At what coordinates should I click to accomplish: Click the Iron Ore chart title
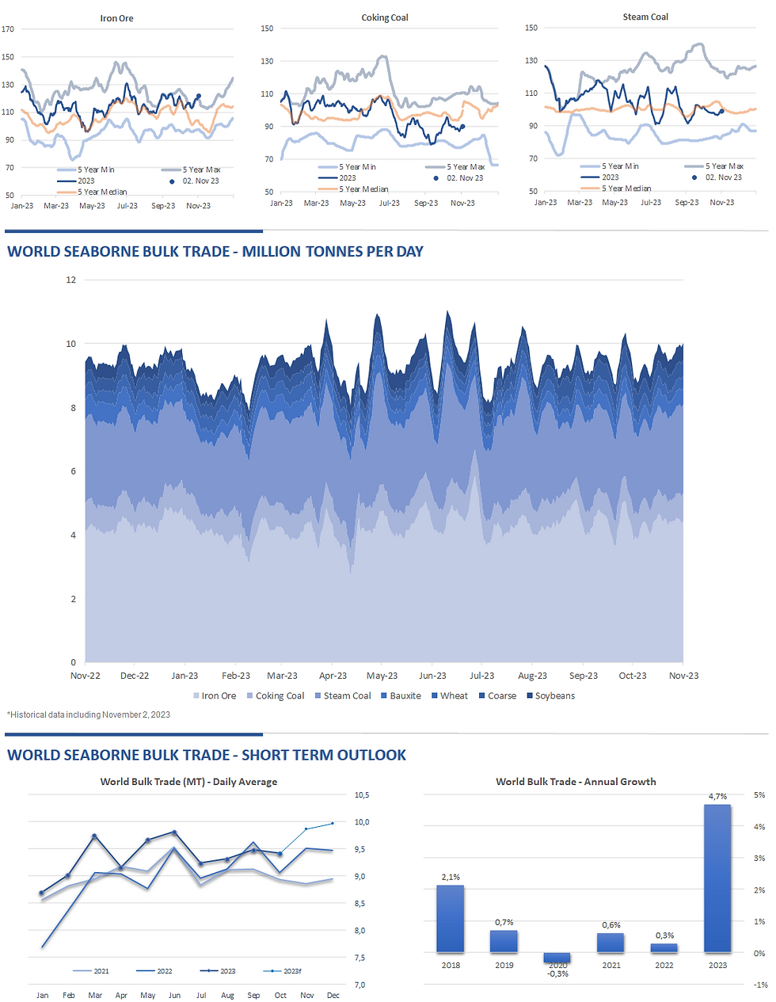tap(116, 18)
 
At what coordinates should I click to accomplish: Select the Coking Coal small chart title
tap(385, 17)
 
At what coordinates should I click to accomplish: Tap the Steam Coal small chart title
tap(645, 17)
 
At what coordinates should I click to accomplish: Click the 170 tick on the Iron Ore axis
tap(8, 29)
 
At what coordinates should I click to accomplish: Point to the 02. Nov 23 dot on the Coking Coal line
tap(462, 127)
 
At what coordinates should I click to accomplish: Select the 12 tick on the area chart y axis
tap(71, 280)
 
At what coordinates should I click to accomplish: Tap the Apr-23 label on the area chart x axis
tap(333, 676)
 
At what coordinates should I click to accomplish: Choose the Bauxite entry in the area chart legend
tap(405, 696)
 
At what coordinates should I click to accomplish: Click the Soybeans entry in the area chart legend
tap(554, 696)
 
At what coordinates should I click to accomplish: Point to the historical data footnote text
tap(89, 714)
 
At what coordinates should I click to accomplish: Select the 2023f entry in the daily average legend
tap(291, 971)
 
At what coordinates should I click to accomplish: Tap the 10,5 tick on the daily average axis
tap(362, 795)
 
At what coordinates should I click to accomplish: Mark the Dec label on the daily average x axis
tap(333, 996)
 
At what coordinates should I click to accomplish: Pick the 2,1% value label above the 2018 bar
tap(451, 877)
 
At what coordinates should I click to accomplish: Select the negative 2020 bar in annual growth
tap(557, 958)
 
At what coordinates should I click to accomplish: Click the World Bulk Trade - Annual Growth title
tap(576, 782)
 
